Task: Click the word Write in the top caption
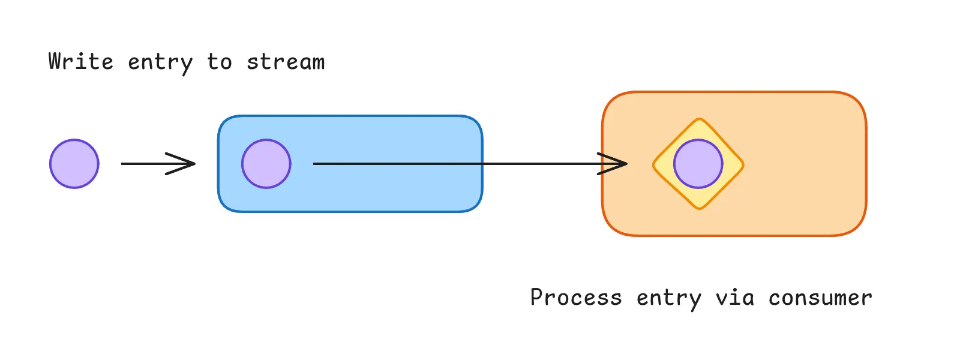click(x=81, y=62)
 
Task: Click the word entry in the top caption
click(x=160, y=63)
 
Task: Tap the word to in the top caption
click(x=220, y=62)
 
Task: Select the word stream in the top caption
click(x=286, y=62)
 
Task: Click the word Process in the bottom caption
click(x=576, y=298)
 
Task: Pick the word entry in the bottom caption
click(x=668, y=299)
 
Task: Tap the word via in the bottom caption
click(x=734, y=298)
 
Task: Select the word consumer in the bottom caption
click(x=820, y=298)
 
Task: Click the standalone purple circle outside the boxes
click(x=74, y=164)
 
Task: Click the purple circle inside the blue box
click(x=266, y=164)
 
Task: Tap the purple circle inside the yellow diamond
click(x=698, y=164)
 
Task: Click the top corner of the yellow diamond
click(x=698, y=119)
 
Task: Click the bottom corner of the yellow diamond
click(x=698, y=208)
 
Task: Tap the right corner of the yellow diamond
click(x=743, y=164)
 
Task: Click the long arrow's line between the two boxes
click(x=540, y=164)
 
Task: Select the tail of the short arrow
click(x=123, y=164)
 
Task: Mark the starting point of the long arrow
click(x=315, y=164)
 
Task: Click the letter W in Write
click(x=56, y=62)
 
